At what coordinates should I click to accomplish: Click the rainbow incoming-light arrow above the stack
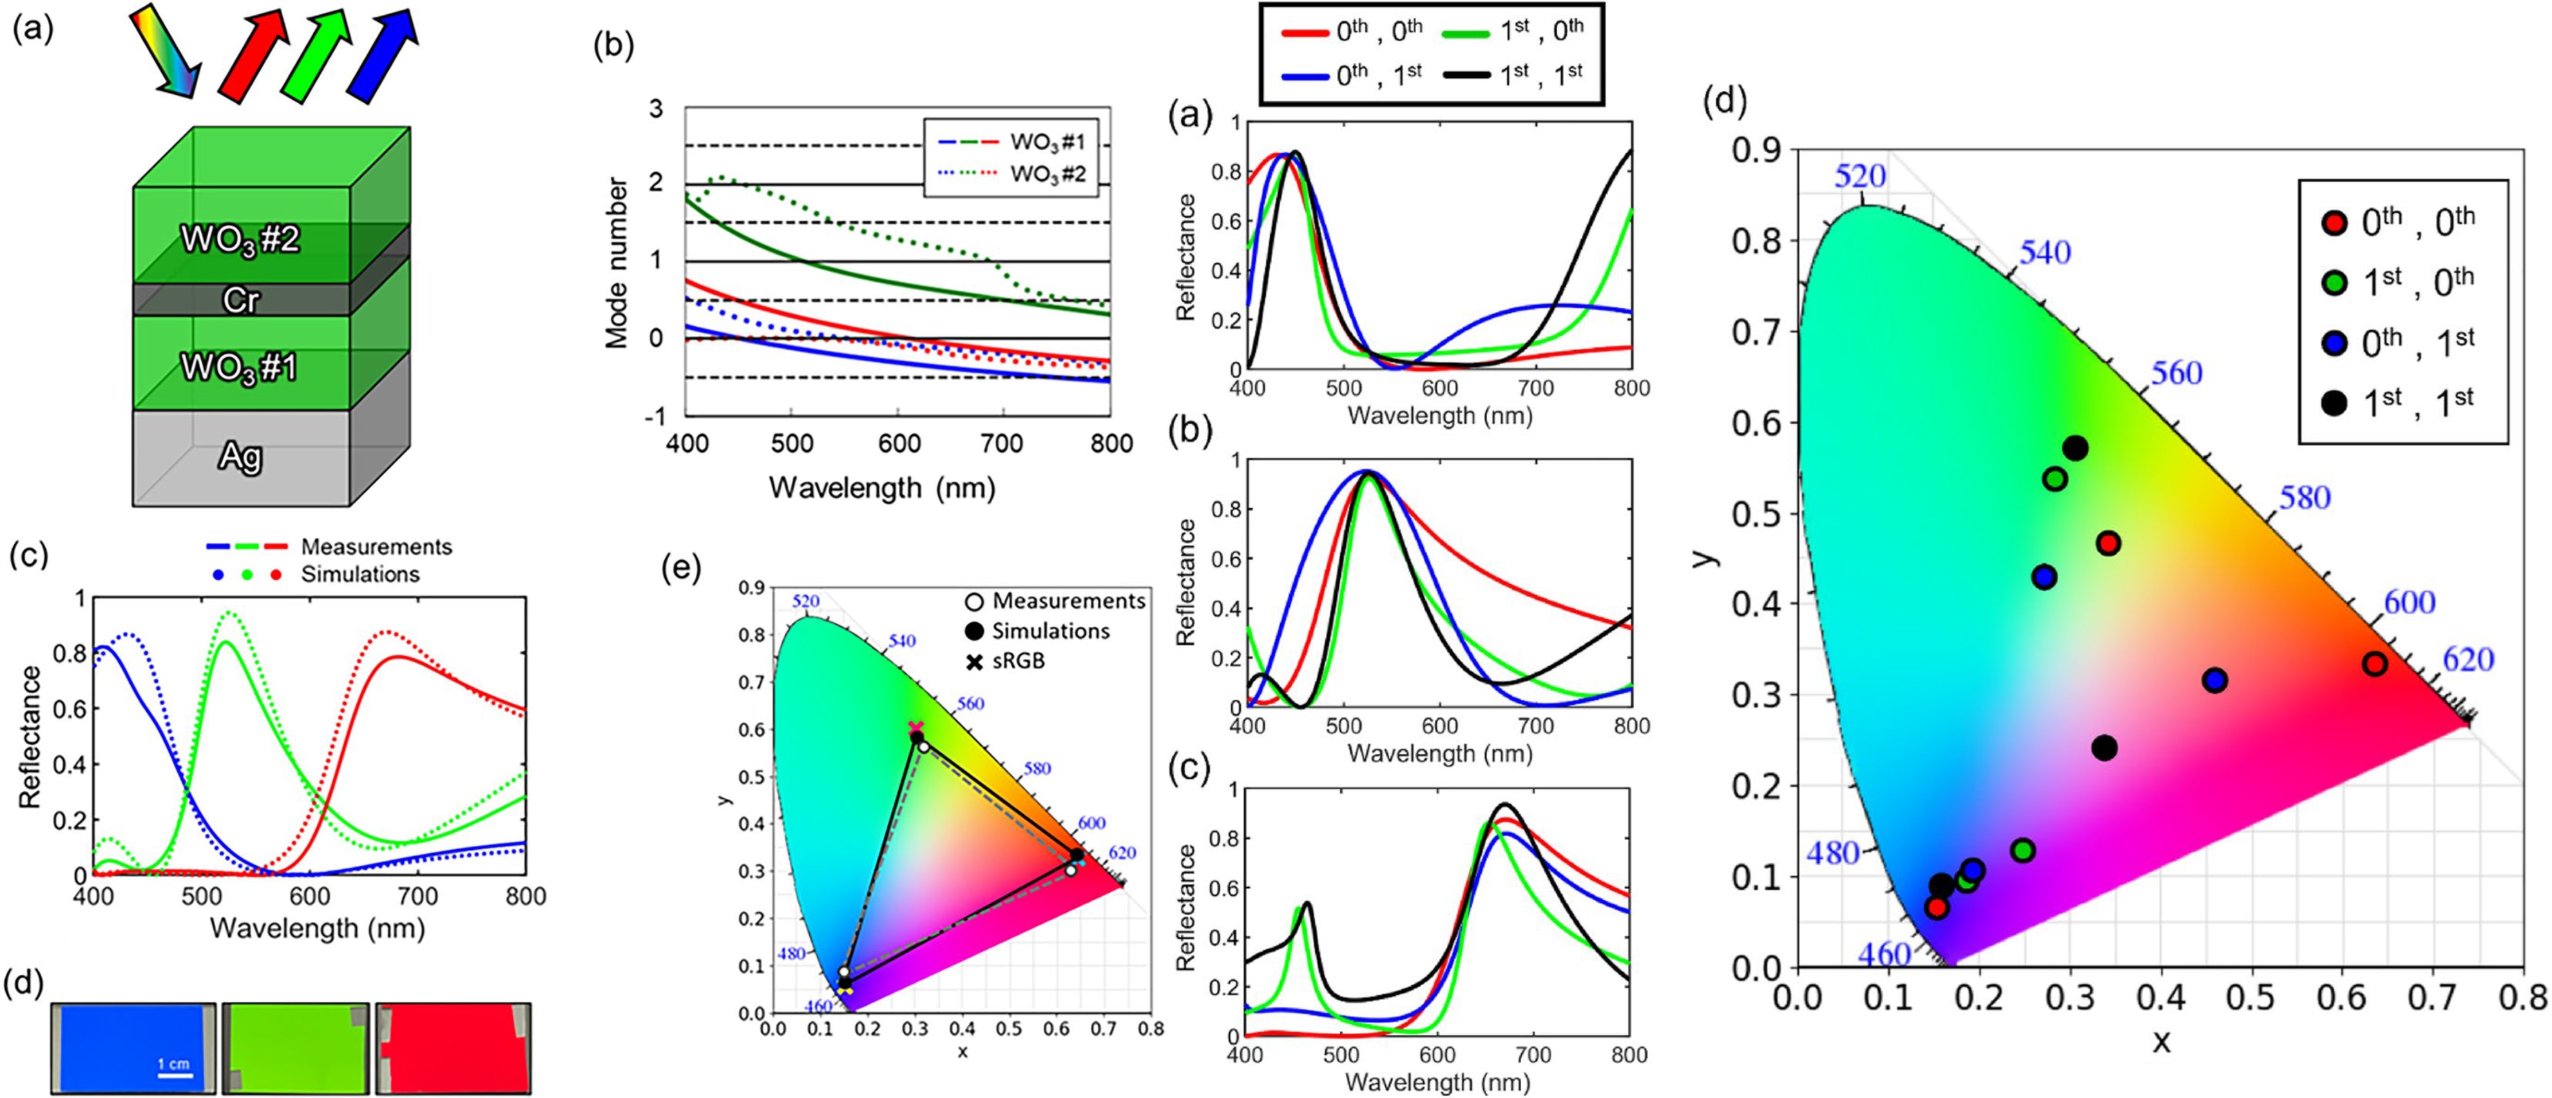[166, 50]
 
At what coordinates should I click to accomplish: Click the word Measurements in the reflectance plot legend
[376, 547]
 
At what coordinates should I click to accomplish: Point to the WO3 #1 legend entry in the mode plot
[1047, 142]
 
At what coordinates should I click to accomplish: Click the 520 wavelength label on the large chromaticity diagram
[1859, 177]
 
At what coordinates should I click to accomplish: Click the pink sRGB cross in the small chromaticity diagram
[916, 727]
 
